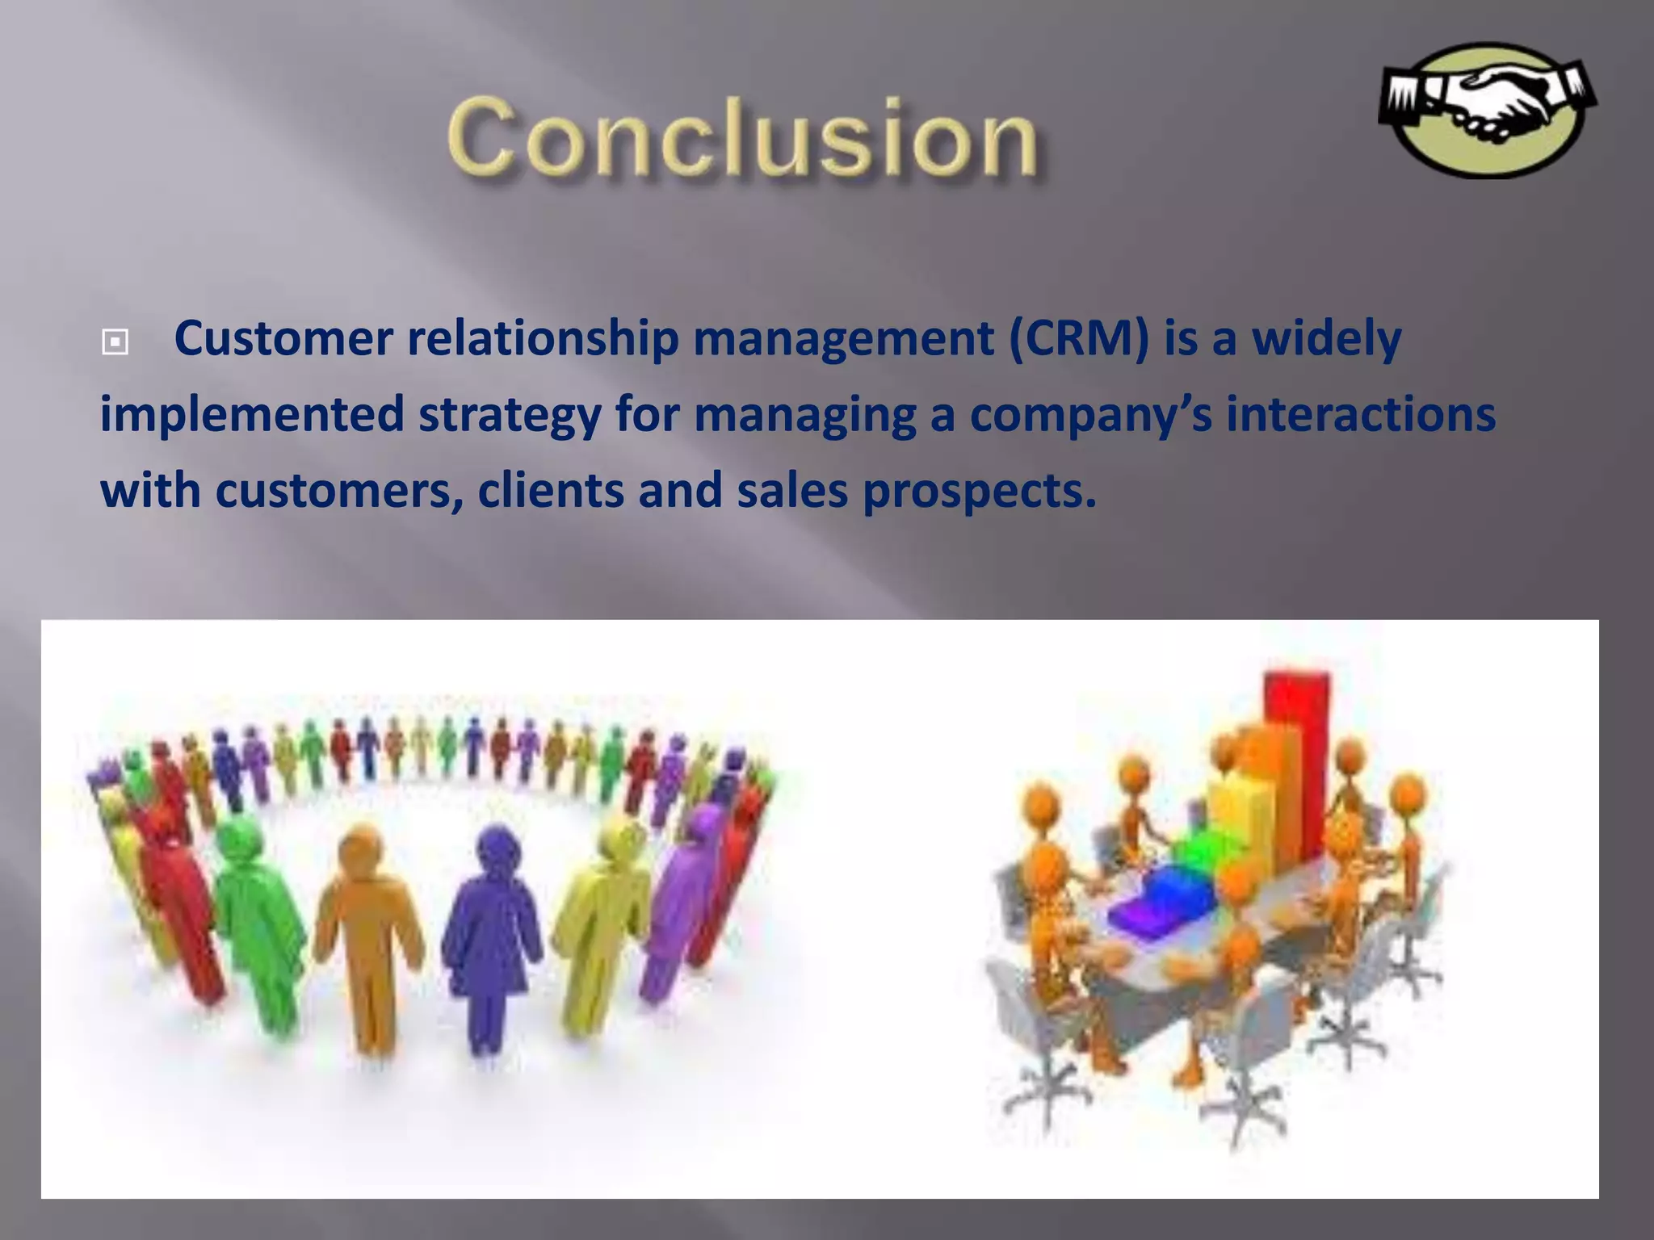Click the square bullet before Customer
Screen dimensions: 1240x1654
[115, 342]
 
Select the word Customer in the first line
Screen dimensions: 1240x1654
[283, 338]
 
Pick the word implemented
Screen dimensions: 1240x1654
[251, 414]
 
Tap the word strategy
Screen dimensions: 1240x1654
[509, 414]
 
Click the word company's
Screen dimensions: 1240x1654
[1090, 414]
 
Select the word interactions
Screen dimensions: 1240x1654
[1361, 414]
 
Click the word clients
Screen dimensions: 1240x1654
[550, 490]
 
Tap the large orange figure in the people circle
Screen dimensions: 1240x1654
[367, 928]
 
